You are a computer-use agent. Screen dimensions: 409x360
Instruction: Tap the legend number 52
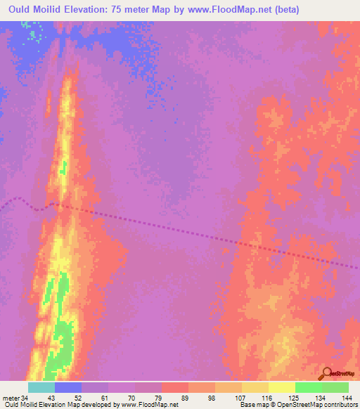coord(82,398)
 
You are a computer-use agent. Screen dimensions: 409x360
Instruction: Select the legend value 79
coord(162,398)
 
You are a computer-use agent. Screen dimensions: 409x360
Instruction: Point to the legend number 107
coord(241,398)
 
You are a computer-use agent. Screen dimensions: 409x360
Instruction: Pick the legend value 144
coord(347,398)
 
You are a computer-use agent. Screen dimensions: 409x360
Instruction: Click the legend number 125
coord(295,398)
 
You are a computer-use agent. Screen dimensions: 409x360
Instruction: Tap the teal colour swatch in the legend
coord(41,387)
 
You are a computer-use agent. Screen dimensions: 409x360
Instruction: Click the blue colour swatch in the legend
coord(68,387)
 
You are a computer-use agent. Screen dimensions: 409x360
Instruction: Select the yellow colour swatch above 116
coord(255,387)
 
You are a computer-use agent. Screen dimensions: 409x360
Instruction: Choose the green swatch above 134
coord(308,387)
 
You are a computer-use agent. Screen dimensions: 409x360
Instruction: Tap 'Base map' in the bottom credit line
coord(253,405)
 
